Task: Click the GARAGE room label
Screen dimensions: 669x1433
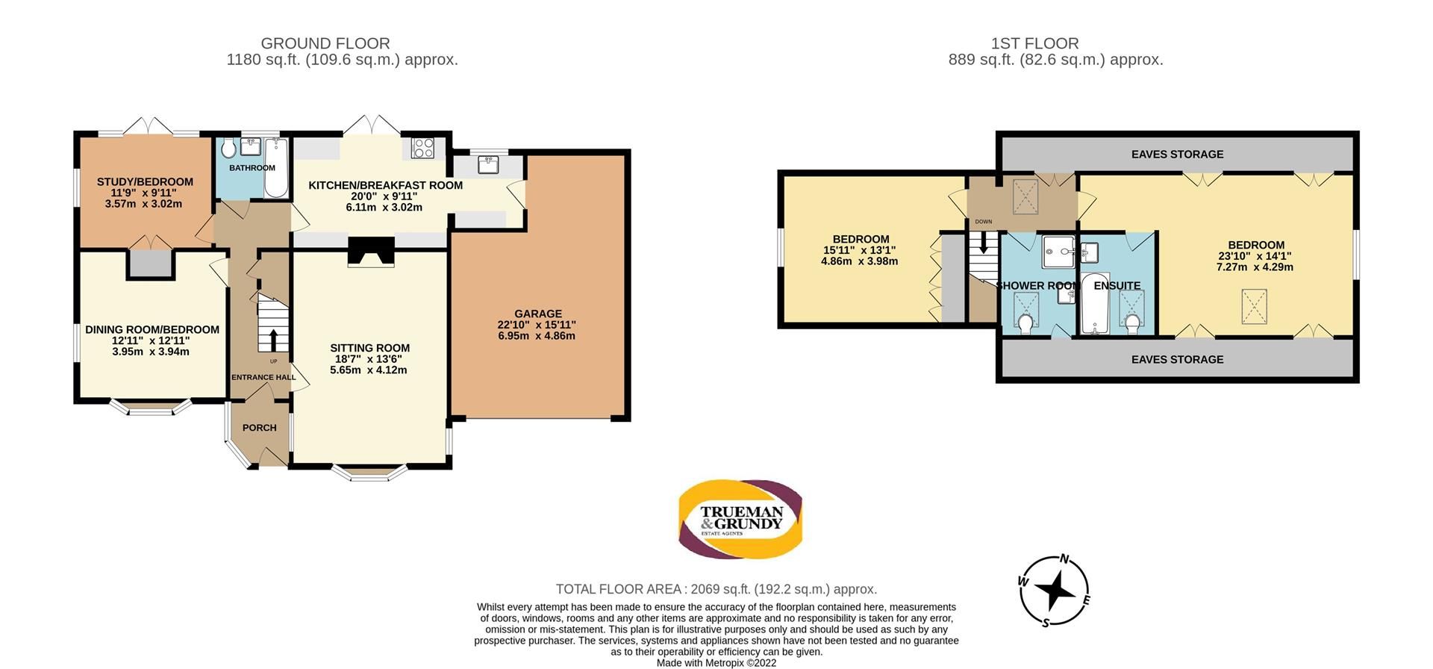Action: [537, 314]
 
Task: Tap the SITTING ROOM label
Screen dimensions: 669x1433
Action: [369, 348]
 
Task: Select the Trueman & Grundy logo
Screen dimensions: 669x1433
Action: [740, 519]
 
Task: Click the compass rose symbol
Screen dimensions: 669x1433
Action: [1055, 591]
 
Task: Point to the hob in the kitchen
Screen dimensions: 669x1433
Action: [423, 148]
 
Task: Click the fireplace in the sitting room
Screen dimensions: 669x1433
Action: [371, 252]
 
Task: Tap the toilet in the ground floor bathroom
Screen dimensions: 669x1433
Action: [228, 149]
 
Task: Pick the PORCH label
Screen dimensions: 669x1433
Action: [259, 428]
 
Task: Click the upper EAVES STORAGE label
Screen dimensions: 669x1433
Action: [1177, 155]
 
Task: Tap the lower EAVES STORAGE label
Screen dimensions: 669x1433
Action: [1177, 359]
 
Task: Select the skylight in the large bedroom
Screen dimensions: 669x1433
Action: [1254, 306]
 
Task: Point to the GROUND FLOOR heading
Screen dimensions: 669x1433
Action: [325, 43]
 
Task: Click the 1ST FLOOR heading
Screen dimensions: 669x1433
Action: [1034, 43]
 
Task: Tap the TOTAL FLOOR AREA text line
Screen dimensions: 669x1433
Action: [716, 589]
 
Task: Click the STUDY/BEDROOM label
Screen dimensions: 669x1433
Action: [145, 181]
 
